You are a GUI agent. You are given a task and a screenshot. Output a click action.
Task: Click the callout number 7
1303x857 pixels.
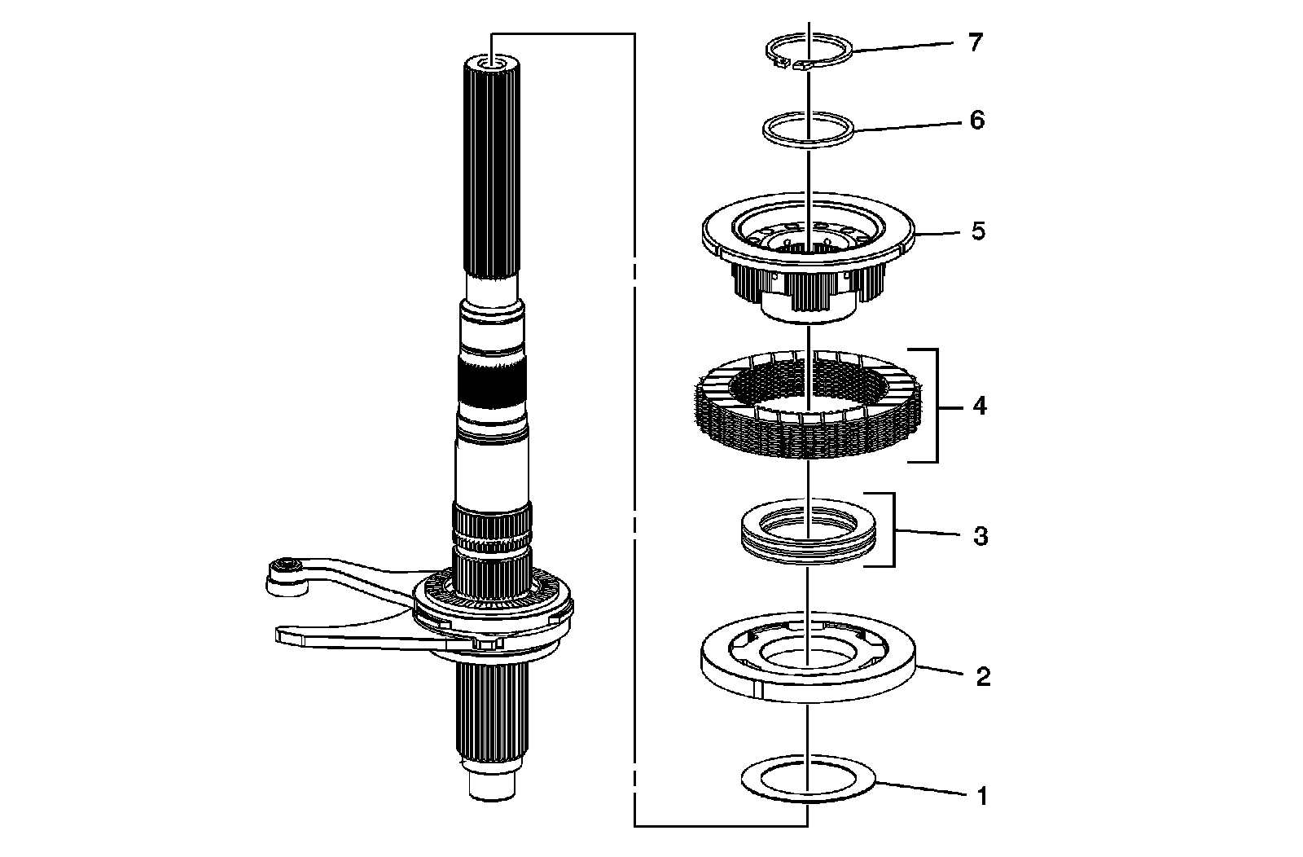975,42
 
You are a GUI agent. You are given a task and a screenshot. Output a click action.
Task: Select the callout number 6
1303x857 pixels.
976,121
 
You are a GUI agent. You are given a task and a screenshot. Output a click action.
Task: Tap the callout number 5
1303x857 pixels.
977,231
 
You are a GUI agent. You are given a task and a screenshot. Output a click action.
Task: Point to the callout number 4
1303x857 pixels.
979,405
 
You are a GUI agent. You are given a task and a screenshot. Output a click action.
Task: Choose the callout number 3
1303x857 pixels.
981,536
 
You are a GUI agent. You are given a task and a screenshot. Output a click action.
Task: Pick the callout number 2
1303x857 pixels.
983,676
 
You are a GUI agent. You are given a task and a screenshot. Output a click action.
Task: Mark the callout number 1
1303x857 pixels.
982,796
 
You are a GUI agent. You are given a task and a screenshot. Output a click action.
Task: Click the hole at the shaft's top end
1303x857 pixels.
492,64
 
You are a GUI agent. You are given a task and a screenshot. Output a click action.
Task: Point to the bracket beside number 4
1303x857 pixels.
935,405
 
